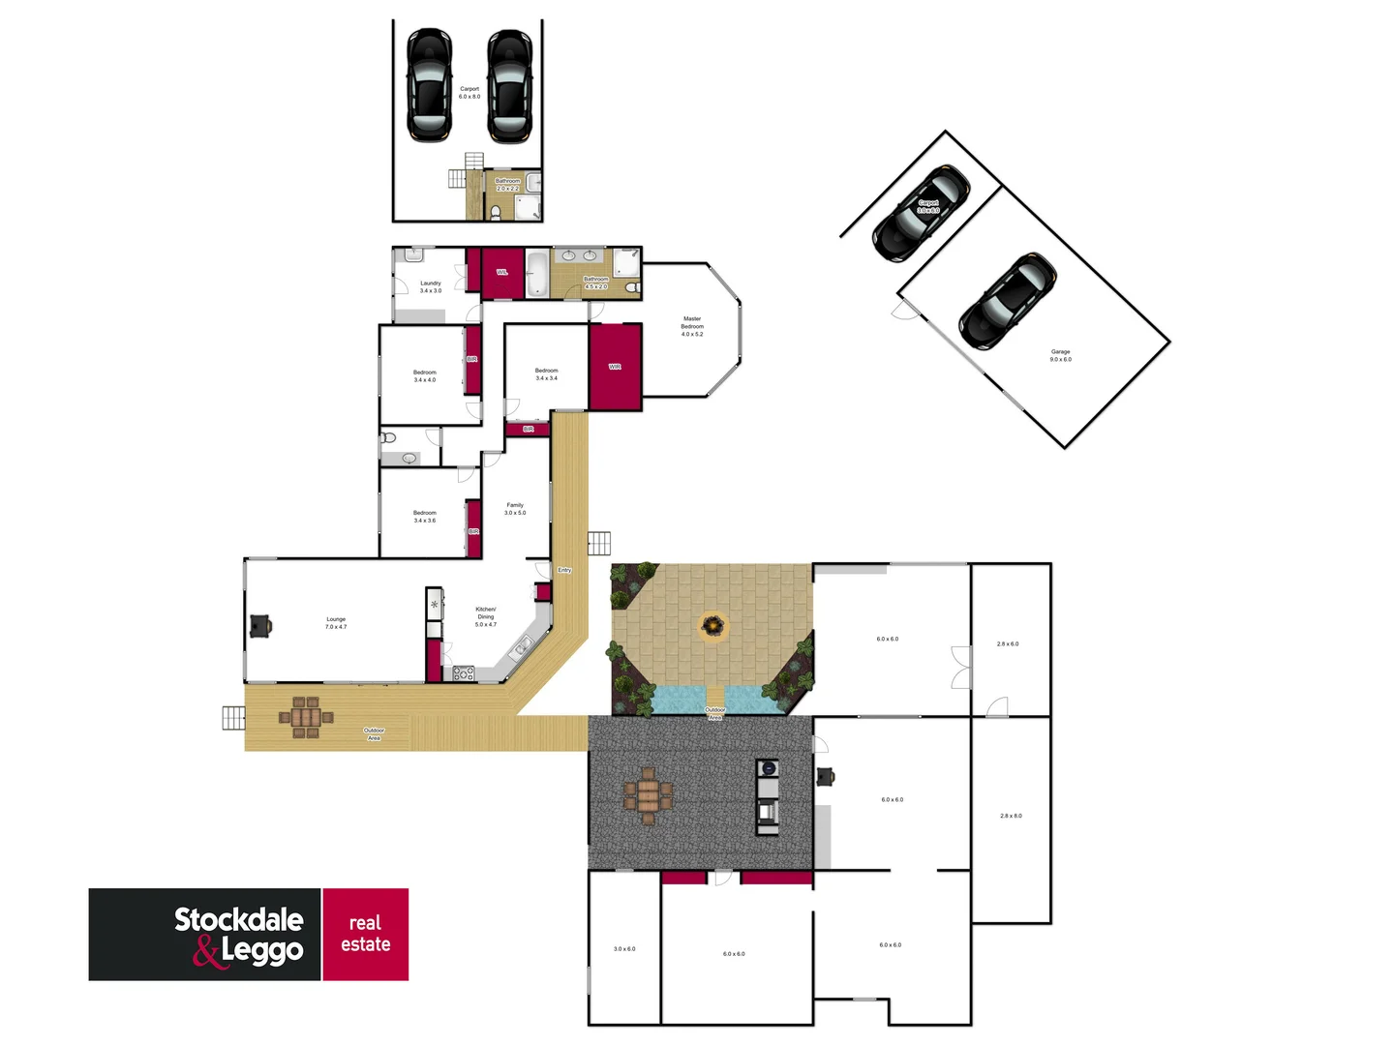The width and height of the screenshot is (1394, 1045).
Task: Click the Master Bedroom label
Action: pyautogui.click(x=692, y=326)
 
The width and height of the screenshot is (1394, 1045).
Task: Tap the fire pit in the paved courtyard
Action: pyautogui.click(x=712, y=626)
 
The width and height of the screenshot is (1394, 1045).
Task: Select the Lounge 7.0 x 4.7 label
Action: pyautogui.click(x=336, y=623)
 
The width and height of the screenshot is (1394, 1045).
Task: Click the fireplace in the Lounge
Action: pyautogui.click(x=260, y=626)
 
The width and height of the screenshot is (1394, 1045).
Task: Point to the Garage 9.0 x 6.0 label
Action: pyautogui.click(x=1060, y=356)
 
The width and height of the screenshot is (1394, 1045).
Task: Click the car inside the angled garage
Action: pyautogui.click(x=1007, y=301)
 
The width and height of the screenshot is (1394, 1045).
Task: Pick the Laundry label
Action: pyautogui.click(x=431, y=287)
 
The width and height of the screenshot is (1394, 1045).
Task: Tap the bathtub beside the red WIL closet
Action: pyautogui.click(x=537, y=273)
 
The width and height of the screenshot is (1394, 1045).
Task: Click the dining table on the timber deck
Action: pyautogui.click(x=306, y=717)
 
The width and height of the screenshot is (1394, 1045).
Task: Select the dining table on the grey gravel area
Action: pyautogui.click(x=648, y=796)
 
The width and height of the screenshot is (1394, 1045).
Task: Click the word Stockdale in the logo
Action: pyautogui.click(x=239, y=919)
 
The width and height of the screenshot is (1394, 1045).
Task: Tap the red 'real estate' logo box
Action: pyautogui.click(x=365, y=934)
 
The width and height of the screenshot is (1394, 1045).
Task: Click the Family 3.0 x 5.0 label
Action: pyautogui.click(x=515, y=509)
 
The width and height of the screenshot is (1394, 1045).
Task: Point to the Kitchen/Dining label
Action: pyautogui.click(x=486, y=616)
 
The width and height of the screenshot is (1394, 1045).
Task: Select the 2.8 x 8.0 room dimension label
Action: pyautogui.click(x=1011, y=816)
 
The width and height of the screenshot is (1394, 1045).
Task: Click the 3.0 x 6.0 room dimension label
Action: pyautogui.click(x=624, y=949)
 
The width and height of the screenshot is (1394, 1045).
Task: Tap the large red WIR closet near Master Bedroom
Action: pyautogui.click(x=616, y=367)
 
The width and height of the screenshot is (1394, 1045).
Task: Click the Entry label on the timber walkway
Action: pyautogui.click(x=564, y=570)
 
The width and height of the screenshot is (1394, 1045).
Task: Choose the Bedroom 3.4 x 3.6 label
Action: pyautogui.click(x=425, y=517)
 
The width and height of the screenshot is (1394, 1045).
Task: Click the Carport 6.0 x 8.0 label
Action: pyautogui.click(x=470, y=93)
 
